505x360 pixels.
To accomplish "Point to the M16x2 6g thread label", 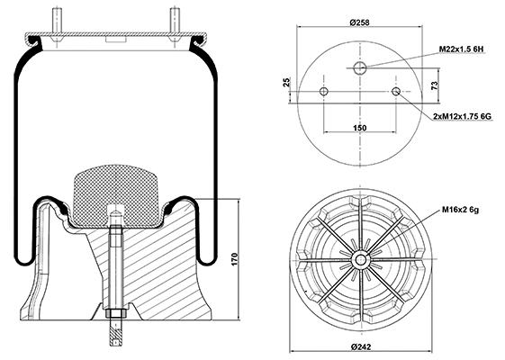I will tap(459, 210).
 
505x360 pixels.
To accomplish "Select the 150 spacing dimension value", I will tap(360, 129).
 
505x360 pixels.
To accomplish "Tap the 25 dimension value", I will tap(287, 83).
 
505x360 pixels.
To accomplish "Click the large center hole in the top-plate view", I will tap(360, 68).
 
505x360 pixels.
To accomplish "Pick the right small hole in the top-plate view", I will tap(396, 92).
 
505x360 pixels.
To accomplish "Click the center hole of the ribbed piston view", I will tap(360, 259).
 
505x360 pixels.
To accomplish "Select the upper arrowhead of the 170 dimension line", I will tap(239, 202).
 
